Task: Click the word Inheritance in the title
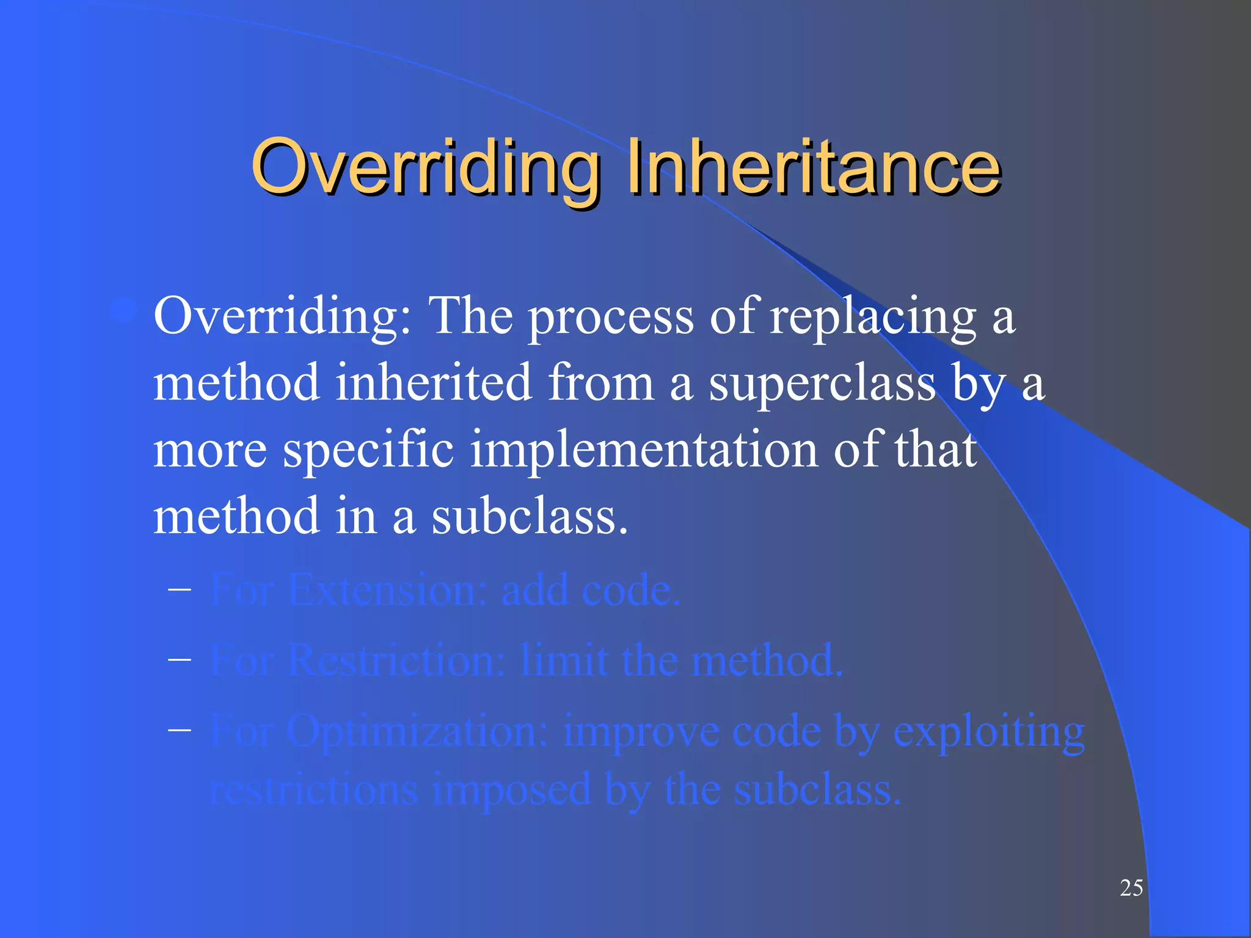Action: pos(813,166)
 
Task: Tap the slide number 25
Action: pos(1131,888)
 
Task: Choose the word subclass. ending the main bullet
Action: pos(530,517)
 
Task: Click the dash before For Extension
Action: pos(180,589)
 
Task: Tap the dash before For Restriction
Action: pos(180,659)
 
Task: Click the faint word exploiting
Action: pos(989,731)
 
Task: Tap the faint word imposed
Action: pos(512,790)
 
